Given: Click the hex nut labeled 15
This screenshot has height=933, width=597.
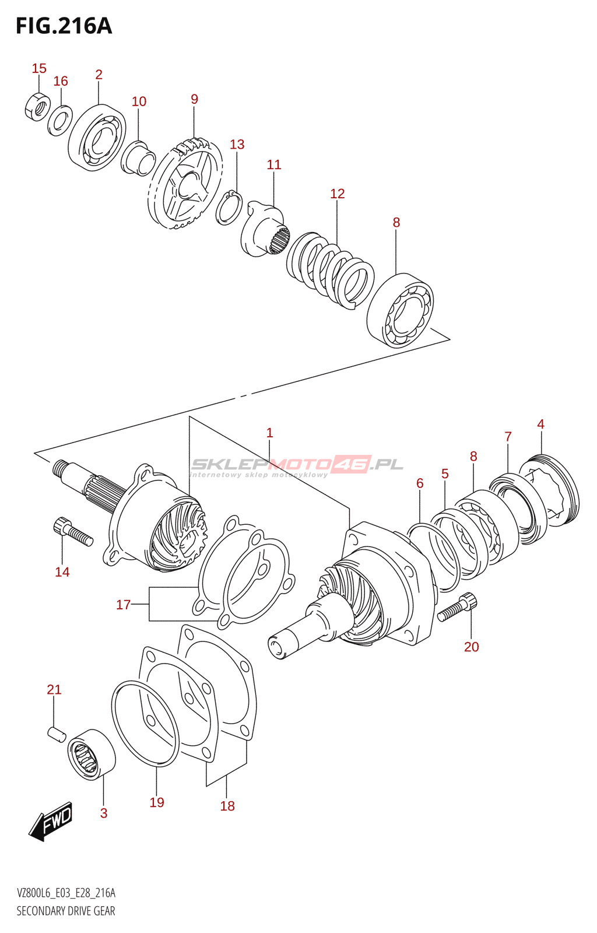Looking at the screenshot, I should pyautogui.click(x=37, y=106).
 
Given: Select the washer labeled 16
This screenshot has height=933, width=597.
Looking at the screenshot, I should pyautogui.click(x=59, y=120).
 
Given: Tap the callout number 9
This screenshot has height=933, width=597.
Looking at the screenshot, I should pyautogui.click(x=194, y=99).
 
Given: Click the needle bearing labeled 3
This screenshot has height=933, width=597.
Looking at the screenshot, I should pyautogui.click(x=92, y=754).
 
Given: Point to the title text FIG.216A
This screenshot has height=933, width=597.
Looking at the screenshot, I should pyautogui.click(x=64, y=26).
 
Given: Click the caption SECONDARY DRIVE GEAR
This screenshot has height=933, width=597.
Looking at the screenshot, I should pyautogui.click(x=66, y=911).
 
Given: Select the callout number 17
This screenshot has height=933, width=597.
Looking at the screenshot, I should pyautogui.click(x=123, y=605).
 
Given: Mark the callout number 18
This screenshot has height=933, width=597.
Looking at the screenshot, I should pyautogui.click(x=227, y=806).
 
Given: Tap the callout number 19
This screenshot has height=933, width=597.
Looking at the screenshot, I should pyautogui.click(x=157, y=802).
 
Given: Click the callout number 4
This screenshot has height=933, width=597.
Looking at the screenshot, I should pyautogui.click(x=540, y=425).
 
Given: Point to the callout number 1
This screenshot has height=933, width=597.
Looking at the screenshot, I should pyautogui.click(x=269, y=433).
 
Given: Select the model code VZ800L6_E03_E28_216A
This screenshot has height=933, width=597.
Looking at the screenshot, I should pyautogui.click(x=66, y=893).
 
